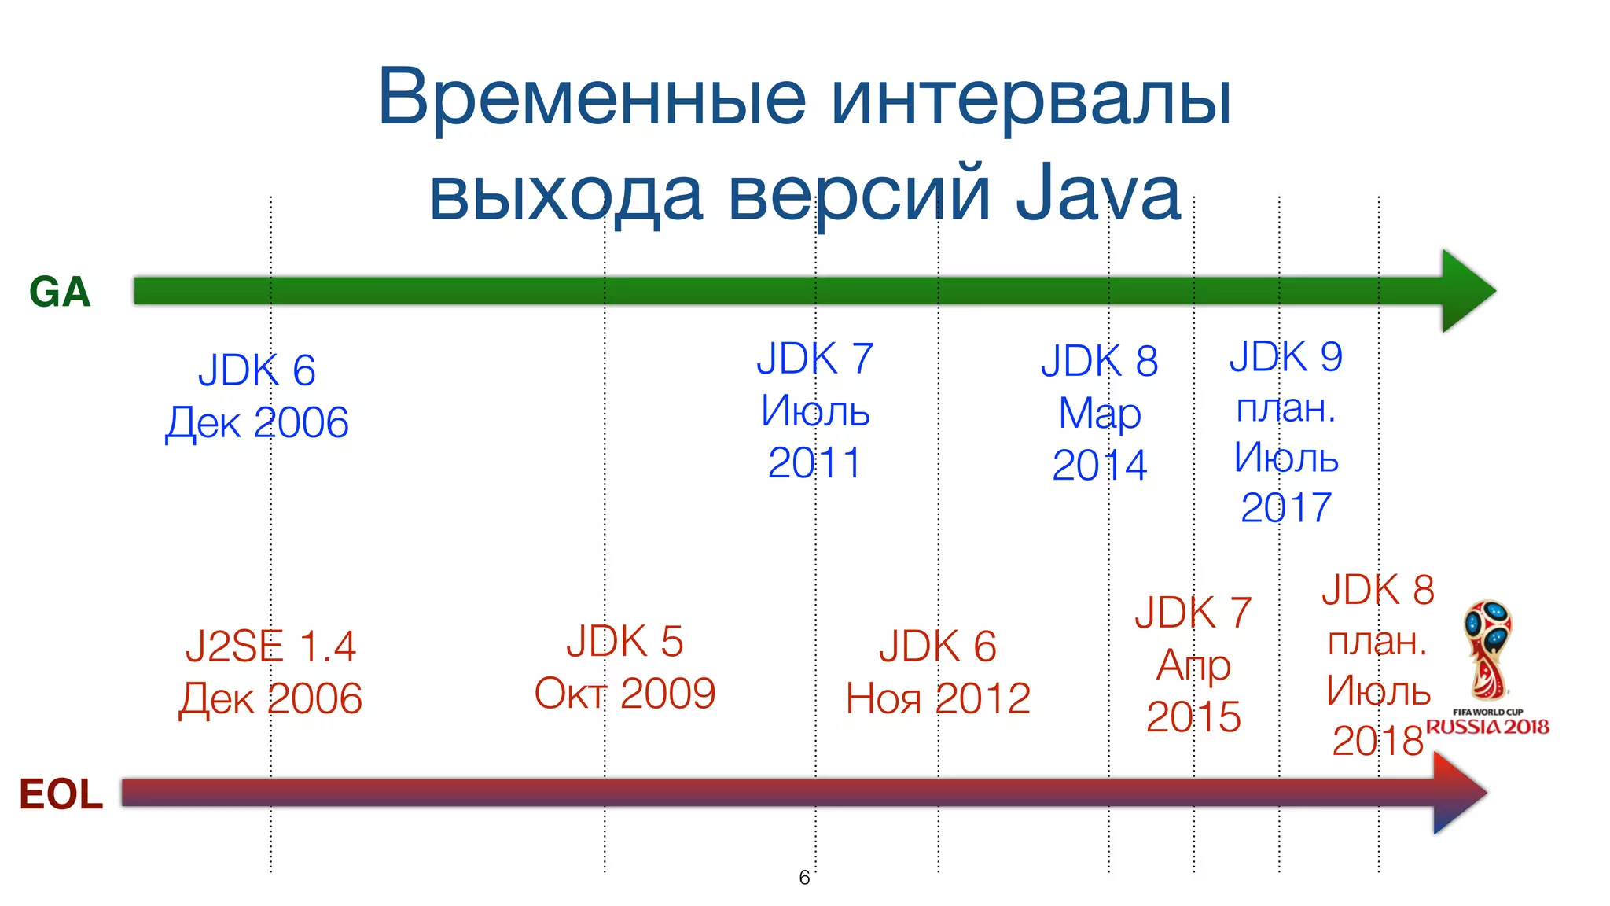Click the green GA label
(60, 293)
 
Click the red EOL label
(61, 794)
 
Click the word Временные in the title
(591, 98)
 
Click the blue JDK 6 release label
(256, 370)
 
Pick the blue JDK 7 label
(814, 359)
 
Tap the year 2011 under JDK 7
(814, 462)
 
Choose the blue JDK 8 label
(1099, 361)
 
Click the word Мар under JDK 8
(1099, 414)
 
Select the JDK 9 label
(1286, 356)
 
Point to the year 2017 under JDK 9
(1286, 507)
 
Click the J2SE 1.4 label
(270, 646)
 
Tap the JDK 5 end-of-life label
(625, 642)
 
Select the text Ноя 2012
(938, 698)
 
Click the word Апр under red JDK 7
(1193, 665)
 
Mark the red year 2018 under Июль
(1377, 741)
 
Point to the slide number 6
(804, 878)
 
